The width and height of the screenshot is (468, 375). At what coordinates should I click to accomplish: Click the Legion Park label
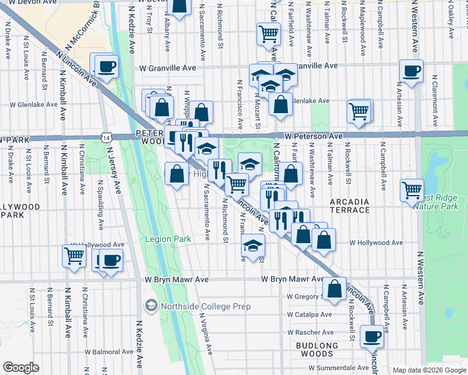coord(168,239)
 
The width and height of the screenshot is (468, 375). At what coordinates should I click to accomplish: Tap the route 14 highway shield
coord(108,137)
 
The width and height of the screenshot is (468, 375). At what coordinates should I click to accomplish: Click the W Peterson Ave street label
coord(313,136)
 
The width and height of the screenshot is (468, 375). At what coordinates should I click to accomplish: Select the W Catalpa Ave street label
coord(310,314)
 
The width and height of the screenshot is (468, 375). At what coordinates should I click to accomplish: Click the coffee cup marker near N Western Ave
coord(412,71)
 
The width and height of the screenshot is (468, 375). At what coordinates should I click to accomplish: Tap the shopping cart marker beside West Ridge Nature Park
coord(412,189)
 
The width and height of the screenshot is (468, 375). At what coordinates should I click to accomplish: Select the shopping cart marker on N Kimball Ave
coord(74,256)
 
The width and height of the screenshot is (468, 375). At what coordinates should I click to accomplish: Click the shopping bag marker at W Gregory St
coord(334,289)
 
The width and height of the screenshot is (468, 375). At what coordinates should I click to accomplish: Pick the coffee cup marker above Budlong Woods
coord(372,336)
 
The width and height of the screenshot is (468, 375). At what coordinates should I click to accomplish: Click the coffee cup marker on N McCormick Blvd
coord(106,66)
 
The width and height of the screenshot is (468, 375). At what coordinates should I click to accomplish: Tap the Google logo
coord(21,367)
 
